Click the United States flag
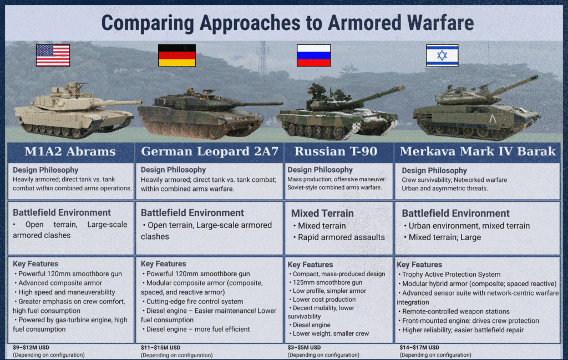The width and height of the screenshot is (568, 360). (53, 55)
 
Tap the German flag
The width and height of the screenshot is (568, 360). (177, 55)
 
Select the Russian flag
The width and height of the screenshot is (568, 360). (314, 55)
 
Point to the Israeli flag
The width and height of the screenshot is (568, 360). (442, 55)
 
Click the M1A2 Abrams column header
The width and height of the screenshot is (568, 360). (70, 151)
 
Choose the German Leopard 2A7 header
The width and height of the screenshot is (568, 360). (210, 151)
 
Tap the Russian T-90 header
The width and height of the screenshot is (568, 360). (336, 151)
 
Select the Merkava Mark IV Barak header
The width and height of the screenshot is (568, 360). (478, 151)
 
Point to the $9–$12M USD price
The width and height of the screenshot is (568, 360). (31, 347)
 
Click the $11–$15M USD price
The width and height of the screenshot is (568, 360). (160, 347)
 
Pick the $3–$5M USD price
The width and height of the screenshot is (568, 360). (304, 347)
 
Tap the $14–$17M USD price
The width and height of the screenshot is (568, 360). (419, 347)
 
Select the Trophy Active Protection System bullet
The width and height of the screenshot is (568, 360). (449, 275)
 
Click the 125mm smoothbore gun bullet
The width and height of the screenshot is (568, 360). (326, 282)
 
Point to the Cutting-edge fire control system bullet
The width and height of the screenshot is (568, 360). (192, 301)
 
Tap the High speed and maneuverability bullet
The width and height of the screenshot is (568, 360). (64, 292)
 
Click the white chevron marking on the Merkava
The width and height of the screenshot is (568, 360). (493, 119)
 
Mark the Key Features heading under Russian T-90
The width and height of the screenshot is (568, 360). (310, 265)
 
